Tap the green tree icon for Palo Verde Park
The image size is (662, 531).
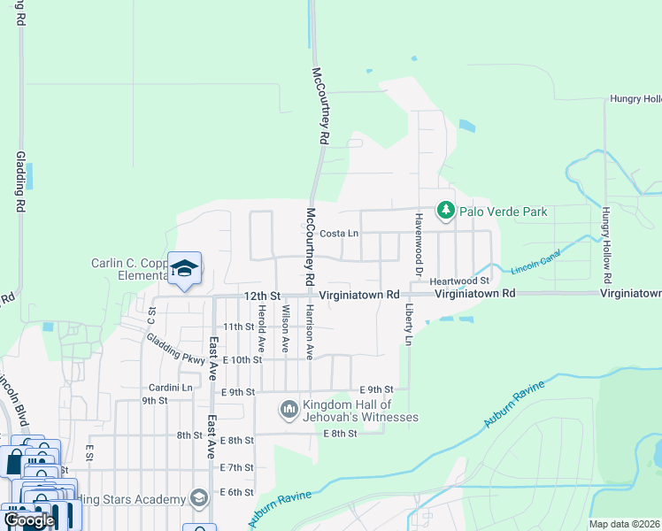tap(445, 211)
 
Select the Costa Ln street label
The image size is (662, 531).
tap(338, 234)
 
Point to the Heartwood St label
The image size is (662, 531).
tap(459, 281)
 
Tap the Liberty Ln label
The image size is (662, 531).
tap(409, 327)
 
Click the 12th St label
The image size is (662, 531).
tap(263, 295)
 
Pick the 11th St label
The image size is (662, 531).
tap(239, 327)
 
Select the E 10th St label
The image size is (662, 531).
tap(242, 360)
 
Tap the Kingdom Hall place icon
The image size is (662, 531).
tap(289, 410)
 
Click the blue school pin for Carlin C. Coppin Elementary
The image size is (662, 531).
tap(184, 268)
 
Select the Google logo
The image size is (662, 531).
tap(28, 519)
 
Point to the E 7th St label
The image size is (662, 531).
tap(236, 467)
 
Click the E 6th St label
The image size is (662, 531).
tap(236, 492)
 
